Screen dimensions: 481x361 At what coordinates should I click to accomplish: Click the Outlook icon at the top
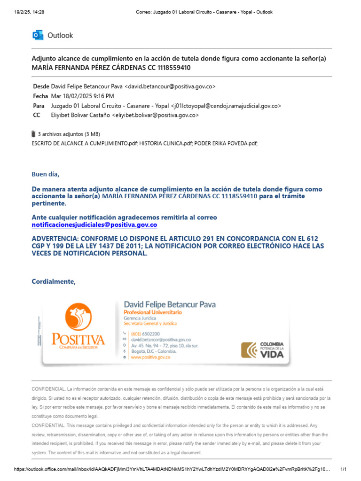pos(38,35)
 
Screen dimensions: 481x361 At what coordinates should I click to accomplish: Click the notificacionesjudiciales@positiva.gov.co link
pos(94,225)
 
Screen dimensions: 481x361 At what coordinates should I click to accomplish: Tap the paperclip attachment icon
pos(33,134)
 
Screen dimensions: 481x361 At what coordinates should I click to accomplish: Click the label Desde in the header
pos(40,87)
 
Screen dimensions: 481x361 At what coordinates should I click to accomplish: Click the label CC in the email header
pos(37,115)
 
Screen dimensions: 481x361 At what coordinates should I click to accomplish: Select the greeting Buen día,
pos(46,175)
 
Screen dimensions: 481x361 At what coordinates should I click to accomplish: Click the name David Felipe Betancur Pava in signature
pos(170,304)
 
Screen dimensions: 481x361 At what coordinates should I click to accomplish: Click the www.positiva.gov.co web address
pos(150,357)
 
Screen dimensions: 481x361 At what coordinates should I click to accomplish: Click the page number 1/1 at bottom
pos(343,469)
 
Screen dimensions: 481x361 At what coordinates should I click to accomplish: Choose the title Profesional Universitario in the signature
pos(153,312)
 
